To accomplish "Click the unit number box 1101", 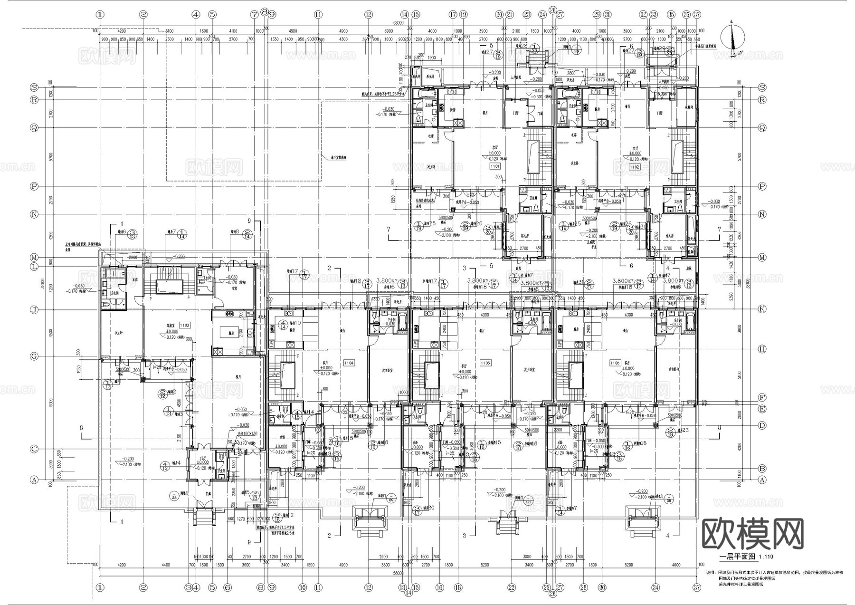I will tap(495, 167).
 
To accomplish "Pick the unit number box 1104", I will tap(349, 363).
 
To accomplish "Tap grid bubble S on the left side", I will tap(34, 87).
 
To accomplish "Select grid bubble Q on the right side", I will tap(762, 128).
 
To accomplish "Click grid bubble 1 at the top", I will tap(100, 15).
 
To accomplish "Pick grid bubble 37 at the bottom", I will tap(697, 587).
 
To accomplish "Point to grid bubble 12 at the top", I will tap(369, 15).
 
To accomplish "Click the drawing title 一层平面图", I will tap(735, 557).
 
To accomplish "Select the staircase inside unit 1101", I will tap(538, 153).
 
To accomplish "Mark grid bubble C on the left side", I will tap(34, 449).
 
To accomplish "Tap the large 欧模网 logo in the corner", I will tap(752, 534).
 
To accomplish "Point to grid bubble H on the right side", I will tap(762, 349).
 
